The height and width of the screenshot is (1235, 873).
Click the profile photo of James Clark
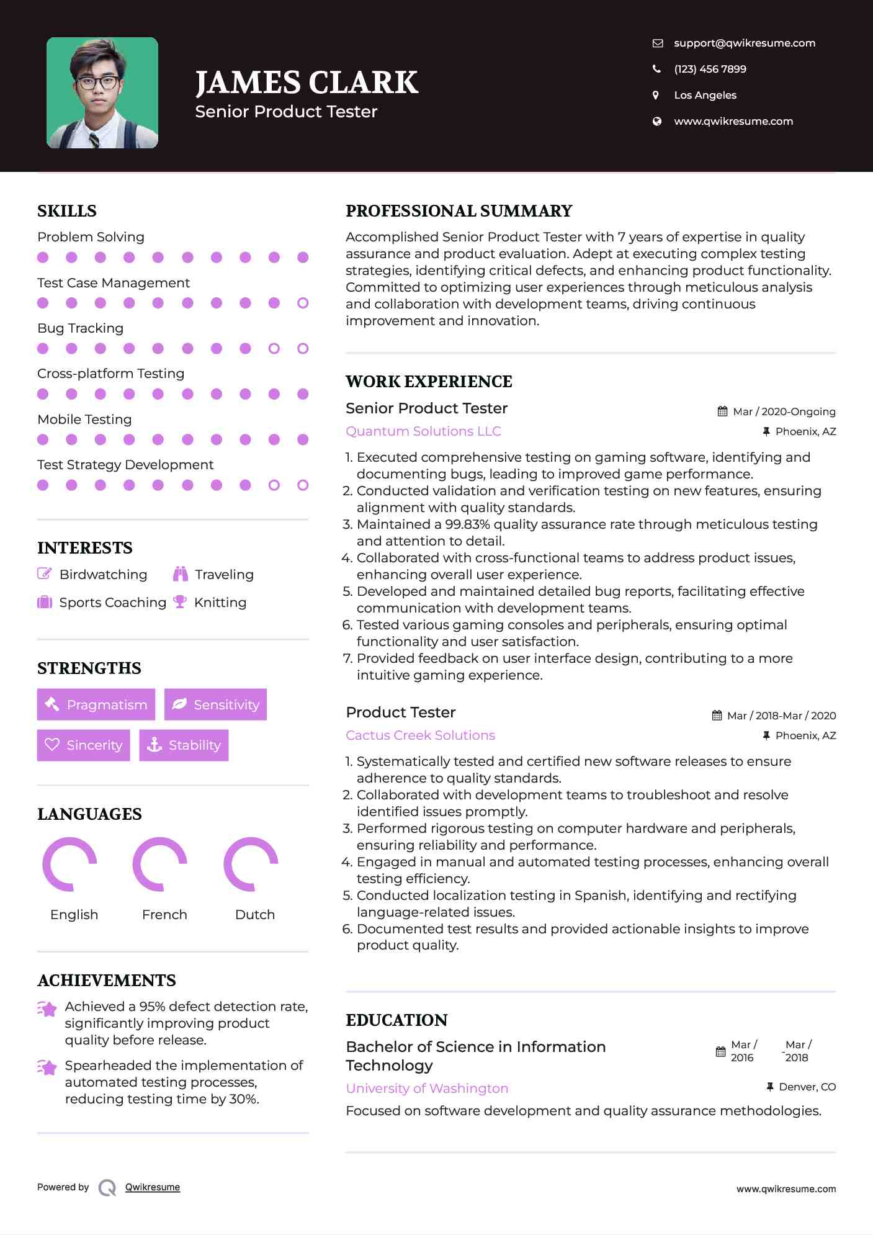point(102,92)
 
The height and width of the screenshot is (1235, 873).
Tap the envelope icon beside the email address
point(658,43)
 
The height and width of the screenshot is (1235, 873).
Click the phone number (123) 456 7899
point(710,69)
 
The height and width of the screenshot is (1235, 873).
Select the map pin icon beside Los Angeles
point(656,95)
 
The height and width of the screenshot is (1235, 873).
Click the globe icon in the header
point(657,121)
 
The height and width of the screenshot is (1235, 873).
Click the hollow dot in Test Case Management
point(303,303)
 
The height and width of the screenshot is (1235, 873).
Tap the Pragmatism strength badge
point(96,704)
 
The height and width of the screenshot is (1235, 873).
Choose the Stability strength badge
point(184,745)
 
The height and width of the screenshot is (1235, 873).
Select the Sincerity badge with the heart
point(83,745)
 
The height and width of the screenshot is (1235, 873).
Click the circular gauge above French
point(160,864)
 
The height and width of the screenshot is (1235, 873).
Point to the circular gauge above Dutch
point(251,864)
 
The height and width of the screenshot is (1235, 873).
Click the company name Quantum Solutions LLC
point(423,431)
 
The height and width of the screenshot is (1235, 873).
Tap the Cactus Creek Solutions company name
point(420,735)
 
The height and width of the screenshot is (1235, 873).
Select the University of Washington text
point(427,1089)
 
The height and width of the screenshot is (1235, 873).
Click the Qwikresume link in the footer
point(153,1187)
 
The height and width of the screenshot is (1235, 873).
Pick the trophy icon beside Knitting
point(180,601)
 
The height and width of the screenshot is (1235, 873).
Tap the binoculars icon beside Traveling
point(181,574)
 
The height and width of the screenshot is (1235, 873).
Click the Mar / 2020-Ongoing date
point(784,411)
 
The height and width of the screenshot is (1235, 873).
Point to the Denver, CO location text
point(807,1087)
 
